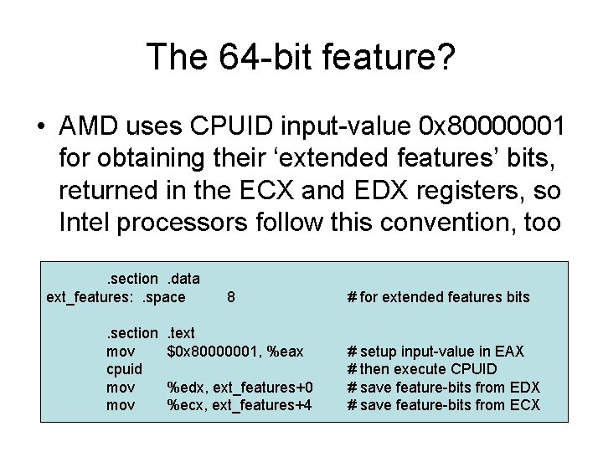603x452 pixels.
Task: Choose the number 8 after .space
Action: coord(230,296)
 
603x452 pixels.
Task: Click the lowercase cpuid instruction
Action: coord(124,369)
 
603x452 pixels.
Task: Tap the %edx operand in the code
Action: coord(183,387)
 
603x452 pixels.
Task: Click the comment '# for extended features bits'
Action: coord(438,296)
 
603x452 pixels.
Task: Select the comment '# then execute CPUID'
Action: coord(422,369)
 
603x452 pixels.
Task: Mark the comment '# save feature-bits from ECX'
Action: coord(443,405)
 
